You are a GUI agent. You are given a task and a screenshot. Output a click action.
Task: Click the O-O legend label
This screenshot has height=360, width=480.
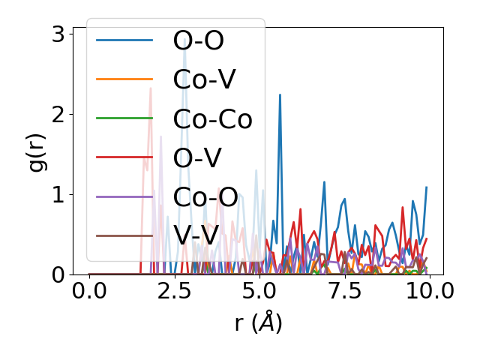pyautogui.click(x=198, y=40)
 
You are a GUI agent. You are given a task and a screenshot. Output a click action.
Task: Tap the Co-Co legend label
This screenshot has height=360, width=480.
pyautogui.click(x=212, y=118)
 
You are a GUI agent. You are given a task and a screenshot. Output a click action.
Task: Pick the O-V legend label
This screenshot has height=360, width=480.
pyautogui.click(x=196, y=157)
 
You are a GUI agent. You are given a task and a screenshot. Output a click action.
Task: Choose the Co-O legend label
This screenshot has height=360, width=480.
pyautogui.click(x=205, y=196)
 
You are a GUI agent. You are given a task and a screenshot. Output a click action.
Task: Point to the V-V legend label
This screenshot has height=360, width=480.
pyautogui.click(x=196, y=235)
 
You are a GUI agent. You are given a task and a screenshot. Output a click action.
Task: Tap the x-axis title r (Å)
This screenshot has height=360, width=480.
pyautogui.click(x=258, y=323)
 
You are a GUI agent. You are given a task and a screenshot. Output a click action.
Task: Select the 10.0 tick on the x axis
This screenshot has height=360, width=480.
pyautogui.click(x=429, y=290)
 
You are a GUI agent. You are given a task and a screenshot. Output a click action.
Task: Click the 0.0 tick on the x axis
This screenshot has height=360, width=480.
pyautogui.click(x=89, y=290)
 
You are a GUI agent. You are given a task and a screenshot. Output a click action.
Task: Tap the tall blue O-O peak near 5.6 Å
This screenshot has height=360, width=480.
pyautogui.click(x=280, y=96)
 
